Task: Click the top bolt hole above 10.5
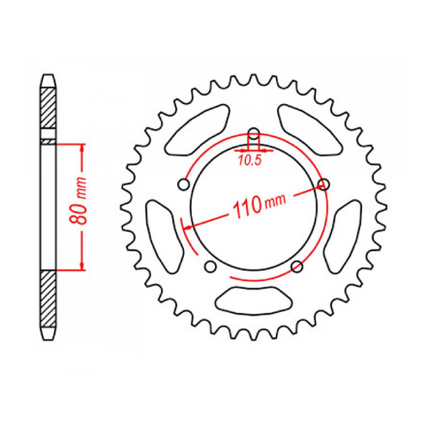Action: click(x=254, y=133)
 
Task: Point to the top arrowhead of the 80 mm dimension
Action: click(x=82, y=146)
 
